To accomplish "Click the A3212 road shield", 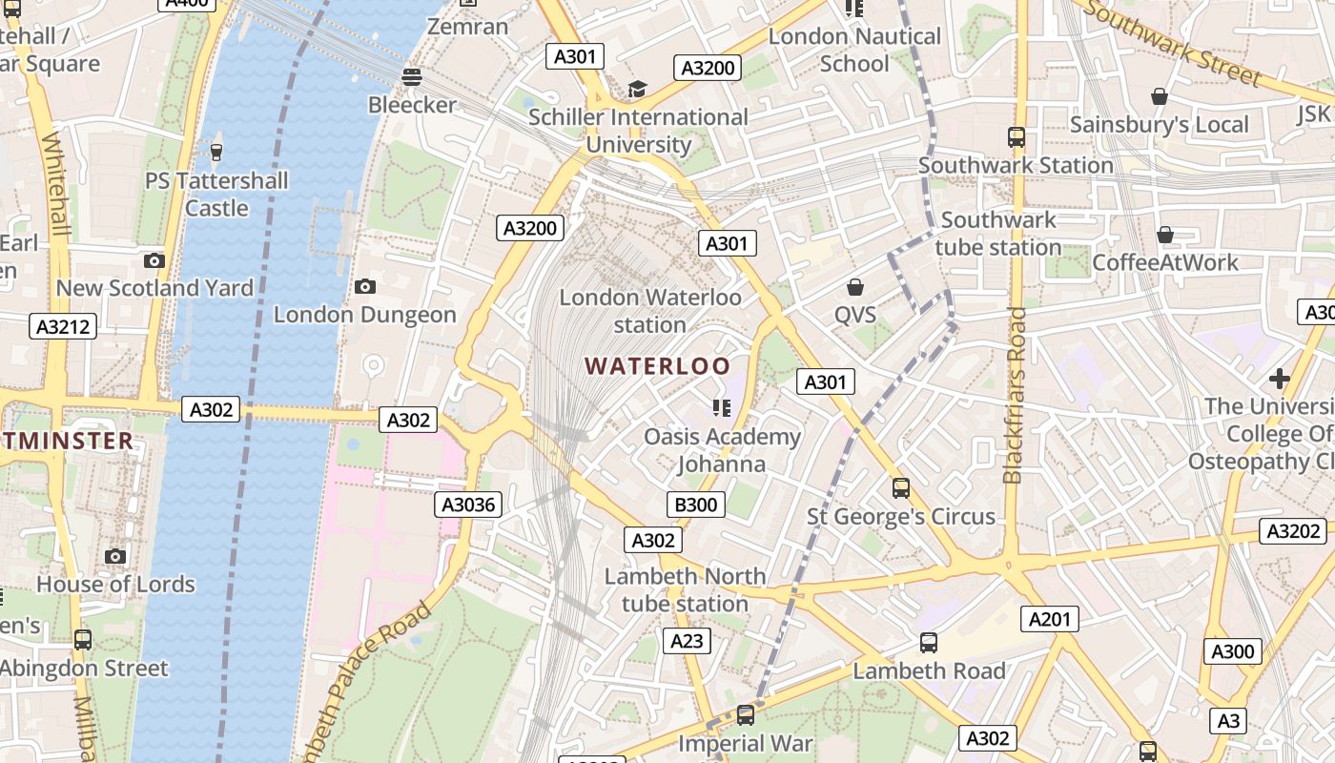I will (64, 326).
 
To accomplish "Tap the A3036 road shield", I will (469, 504).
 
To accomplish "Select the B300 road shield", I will (695, 505).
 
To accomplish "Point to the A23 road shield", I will (687, 641).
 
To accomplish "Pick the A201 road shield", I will (1050, 619).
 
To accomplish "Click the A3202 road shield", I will (1293, 531).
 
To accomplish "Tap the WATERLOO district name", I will (657, 366).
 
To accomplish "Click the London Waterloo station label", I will (650, 311).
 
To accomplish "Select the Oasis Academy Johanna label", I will (722, 450).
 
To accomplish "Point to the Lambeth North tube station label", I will (685, 589).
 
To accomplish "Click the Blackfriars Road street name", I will (1015, 395).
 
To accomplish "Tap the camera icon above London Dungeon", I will (364, 286).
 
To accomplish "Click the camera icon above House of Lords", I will (115, 556).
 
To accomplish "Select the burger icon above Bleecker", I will (412, 76).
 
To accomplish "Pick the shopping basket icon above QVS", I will (855, 286).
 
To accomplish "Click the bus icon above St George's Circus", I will (901, 488).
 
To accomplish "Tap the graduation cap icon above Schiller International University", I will (637, 90).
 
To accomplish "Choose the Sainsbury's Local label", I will (1159, 125).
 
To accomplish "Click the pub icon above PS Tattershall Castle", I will (216, 152).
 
